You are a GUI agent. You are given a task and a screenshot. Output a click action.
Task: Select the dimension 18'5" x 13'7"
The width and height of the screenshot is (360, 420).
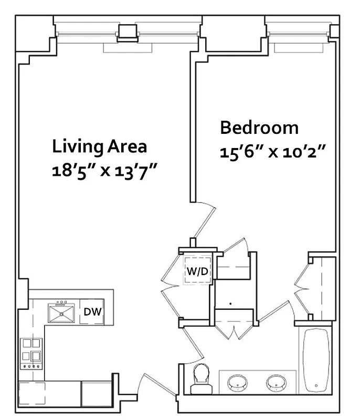tap(105, 171)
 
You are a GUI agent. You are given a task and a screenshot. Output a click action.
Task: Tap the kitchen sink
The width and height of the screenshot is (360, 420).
tap(62, 313)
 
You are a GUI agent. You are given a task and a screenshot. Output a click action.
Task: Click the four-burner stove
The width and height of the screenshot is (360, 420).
tap(30, 352)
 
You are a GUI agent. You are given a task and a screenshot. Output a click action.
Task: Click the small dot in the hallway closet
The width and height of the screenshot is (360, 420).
tap(231, 303)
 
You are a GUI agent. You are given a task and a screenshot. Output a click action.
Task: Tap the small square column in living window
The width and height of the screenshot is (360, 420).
tap(126, 33)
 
